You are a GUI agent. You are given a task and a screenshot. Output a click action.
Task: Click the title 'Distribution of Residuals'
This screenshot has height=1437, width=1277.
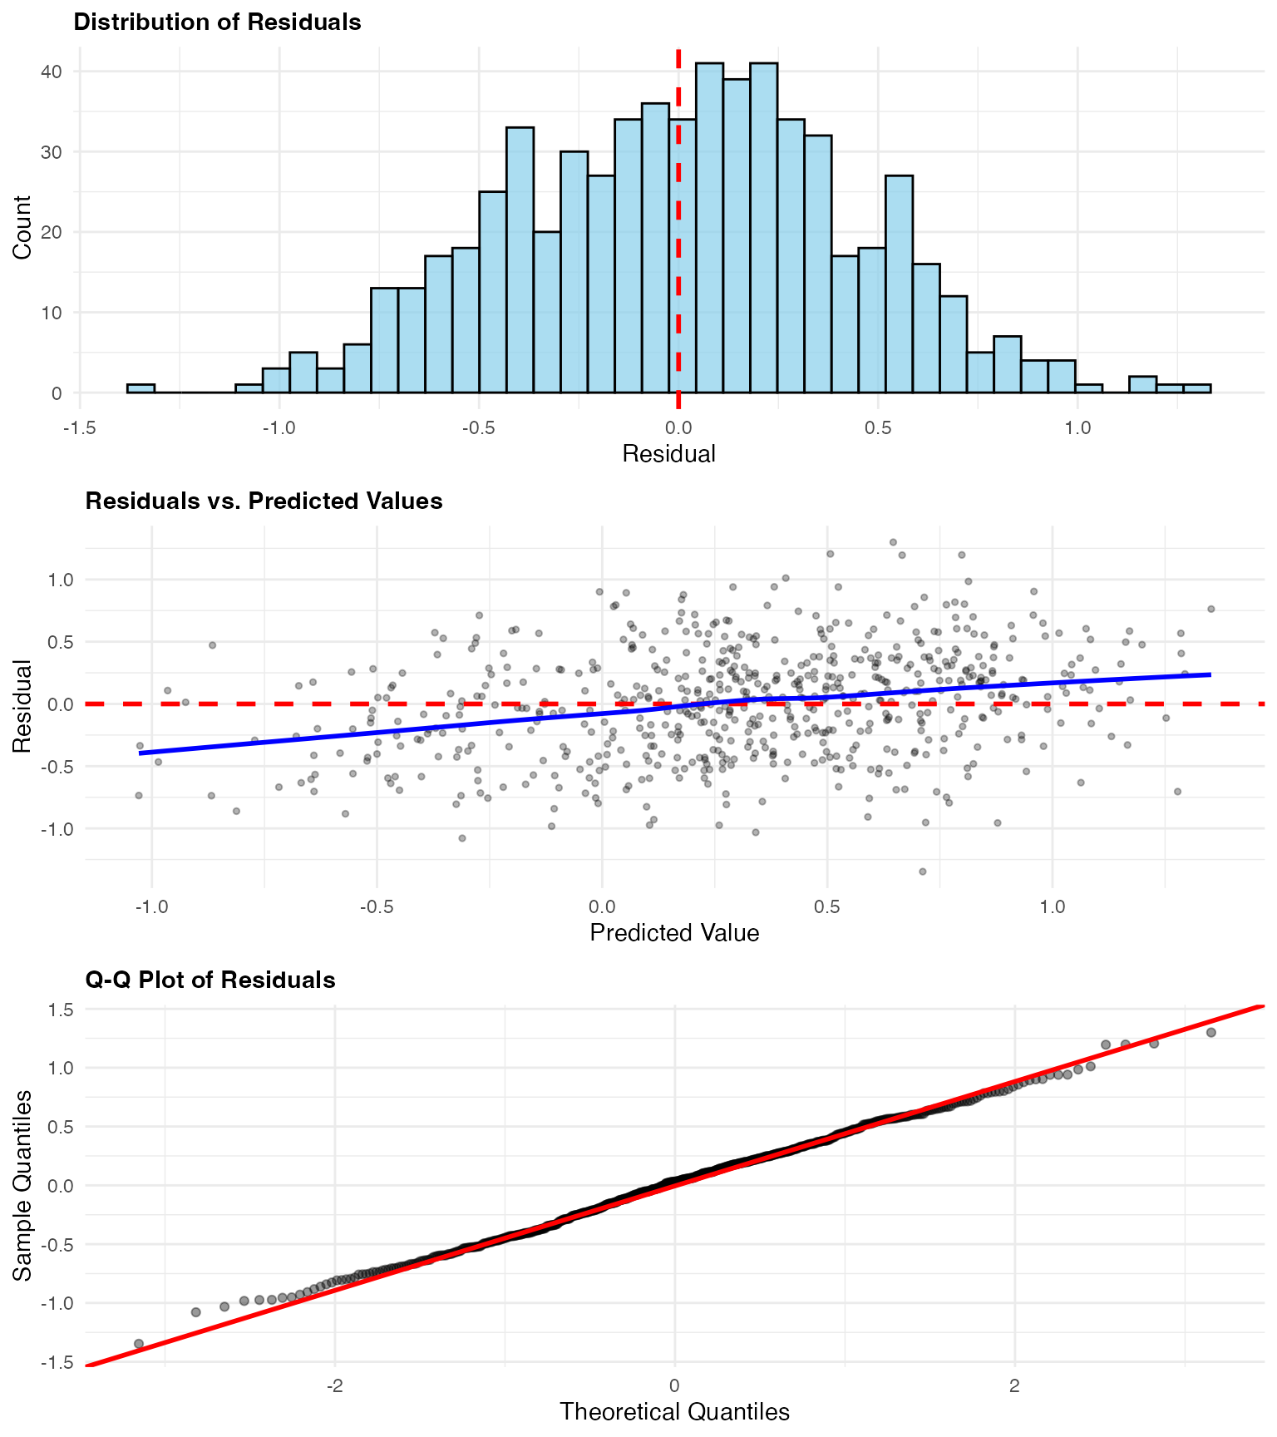[x=217, y=22]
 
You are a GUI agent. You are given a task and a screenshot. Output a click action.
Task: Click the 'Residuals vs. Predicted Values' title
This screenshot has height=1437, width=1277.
[x=264, y=501]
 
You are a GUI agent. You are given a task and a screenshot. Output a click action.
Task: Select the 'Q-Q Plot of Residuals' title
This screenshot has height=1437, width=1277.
[x=210, y=980]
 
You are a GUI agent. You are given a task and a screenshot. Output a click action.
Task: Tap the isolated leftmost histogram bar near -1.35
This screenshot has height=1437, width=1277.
[x=141, y=388]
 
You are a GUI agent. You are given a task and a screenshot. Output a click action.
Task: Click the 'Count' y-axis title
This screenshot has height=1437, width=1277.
[x=22, y=227]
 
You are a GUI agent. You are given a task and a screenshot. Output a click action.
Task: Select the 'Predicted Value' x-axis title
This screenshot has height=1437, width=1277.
[x=674, y=933]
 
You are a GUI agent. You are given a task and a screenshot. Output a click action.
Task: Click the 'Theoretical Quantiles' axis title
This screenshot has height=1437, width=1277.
[x=674, y=1412]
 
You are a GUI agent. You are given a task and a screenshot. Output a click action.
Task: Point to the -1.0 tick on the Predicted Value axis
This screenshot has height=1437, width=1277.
[x=150, y=906]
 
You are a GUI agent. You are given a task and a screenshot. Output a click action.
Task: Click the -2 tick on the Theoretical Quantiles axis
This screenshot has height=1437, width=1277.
[x=334, y=1386]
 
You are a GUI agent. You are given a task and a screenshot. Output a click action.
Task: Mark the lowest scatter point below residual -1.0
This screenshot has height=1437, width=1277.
[x=922, y=872]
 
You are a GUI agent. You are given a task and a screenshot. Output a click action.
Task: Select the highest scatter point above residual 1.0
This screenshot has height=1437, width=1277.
[x=893, y=542]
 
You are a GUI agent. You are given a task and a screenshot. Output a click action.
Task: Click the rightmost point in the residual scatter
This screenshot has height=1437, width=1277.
[x=1210, y=609]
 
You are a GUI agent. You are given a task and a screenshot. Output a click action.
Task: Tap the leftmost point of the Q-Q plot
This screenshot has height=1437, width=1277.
[x=139, y=1344]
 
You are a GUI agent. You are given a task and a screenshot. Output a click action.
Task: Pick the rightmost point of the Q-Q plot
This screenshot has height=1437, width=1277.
[x=1210, y=1032]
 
